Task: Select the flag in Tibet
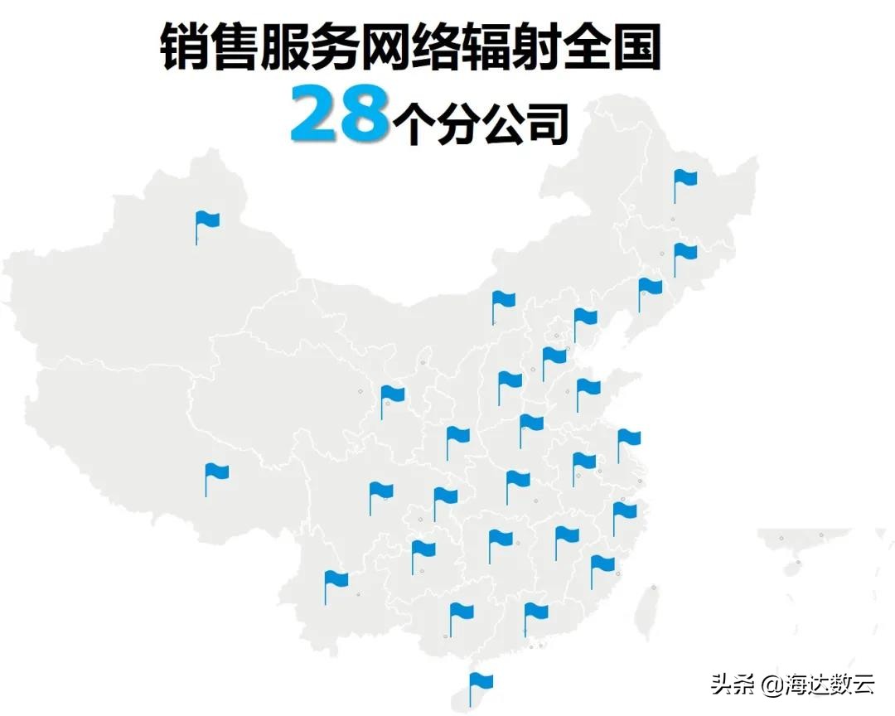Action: coord(215,473)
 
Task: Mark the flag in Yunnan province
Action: coord(335,580)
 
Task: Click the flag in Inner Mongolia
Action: coord(503,301)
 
